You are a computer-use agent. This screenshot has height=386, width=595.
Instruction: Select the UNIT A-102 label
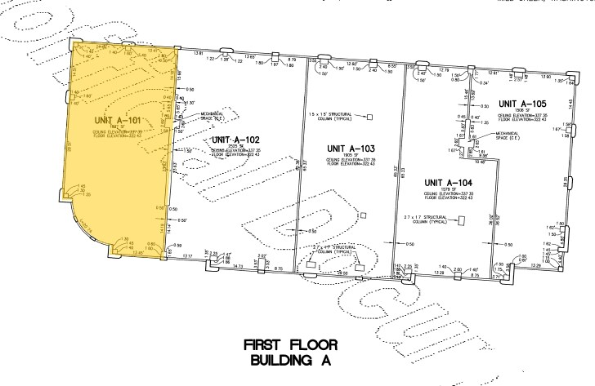235,140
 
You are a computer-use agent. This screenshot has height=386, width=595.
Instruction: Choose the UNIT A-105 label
521,104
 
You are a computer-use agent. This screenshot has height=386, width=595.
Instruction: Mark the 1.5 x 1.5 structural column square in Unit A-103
369,118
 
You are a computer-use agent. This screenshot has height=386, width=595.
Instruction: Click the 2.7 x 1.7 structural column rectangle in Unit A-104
461,220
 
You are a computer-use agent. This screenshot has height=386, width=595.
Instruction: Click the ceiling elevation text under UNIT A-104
445,193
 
